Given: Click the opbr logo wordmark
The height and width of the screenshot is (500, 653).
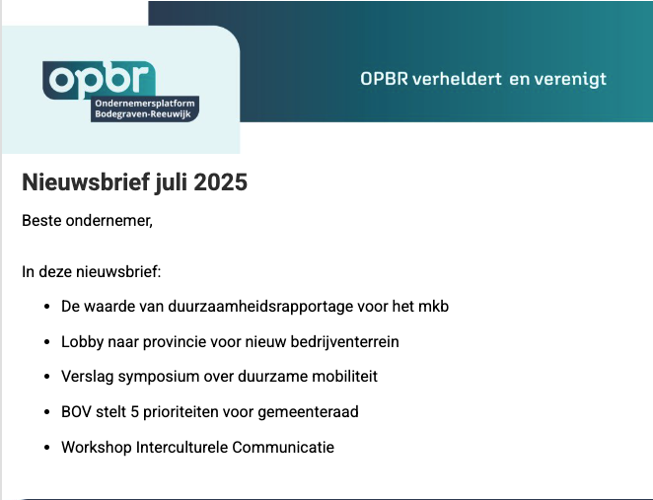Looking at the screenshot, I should [x=99, y=78].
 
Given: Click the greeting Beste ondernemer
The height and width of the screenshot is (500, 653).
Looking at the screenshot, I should [x=87, y=220].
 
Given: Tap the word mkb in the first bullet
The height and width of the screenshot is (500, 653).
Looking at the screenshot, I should [x=433, y=306].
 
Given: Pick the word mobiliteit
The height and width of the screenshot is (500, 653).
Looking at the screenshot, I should [x=343, y=377].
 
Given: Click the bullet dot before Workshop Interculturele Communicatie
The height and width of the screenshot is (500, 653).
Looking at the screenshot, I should [x=47, y=448].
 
